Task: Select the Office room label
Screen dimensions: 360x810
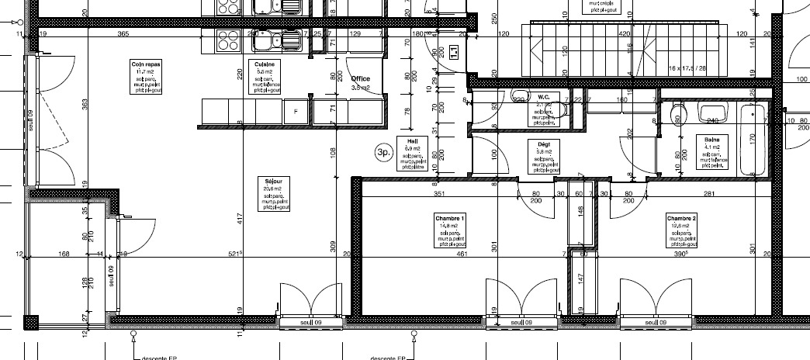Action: pyautogui.click(x=360, y=79)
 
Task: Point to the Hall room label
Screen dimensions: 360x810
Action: pyautogui.click(x=413, y=140)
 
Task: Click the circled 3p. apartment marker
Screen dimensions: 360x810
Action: pyautogui.click(x=382, y=153)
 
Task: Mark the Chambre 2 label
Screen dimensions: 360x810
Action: pyautogui.click(x=681, y=219)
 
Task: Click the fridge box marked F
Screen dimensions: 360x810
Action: pyautogui.click(x=295, y=112)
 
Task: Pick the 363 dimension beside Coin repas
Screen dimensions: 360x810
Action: pyautogui.click(x=84, y=104)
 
